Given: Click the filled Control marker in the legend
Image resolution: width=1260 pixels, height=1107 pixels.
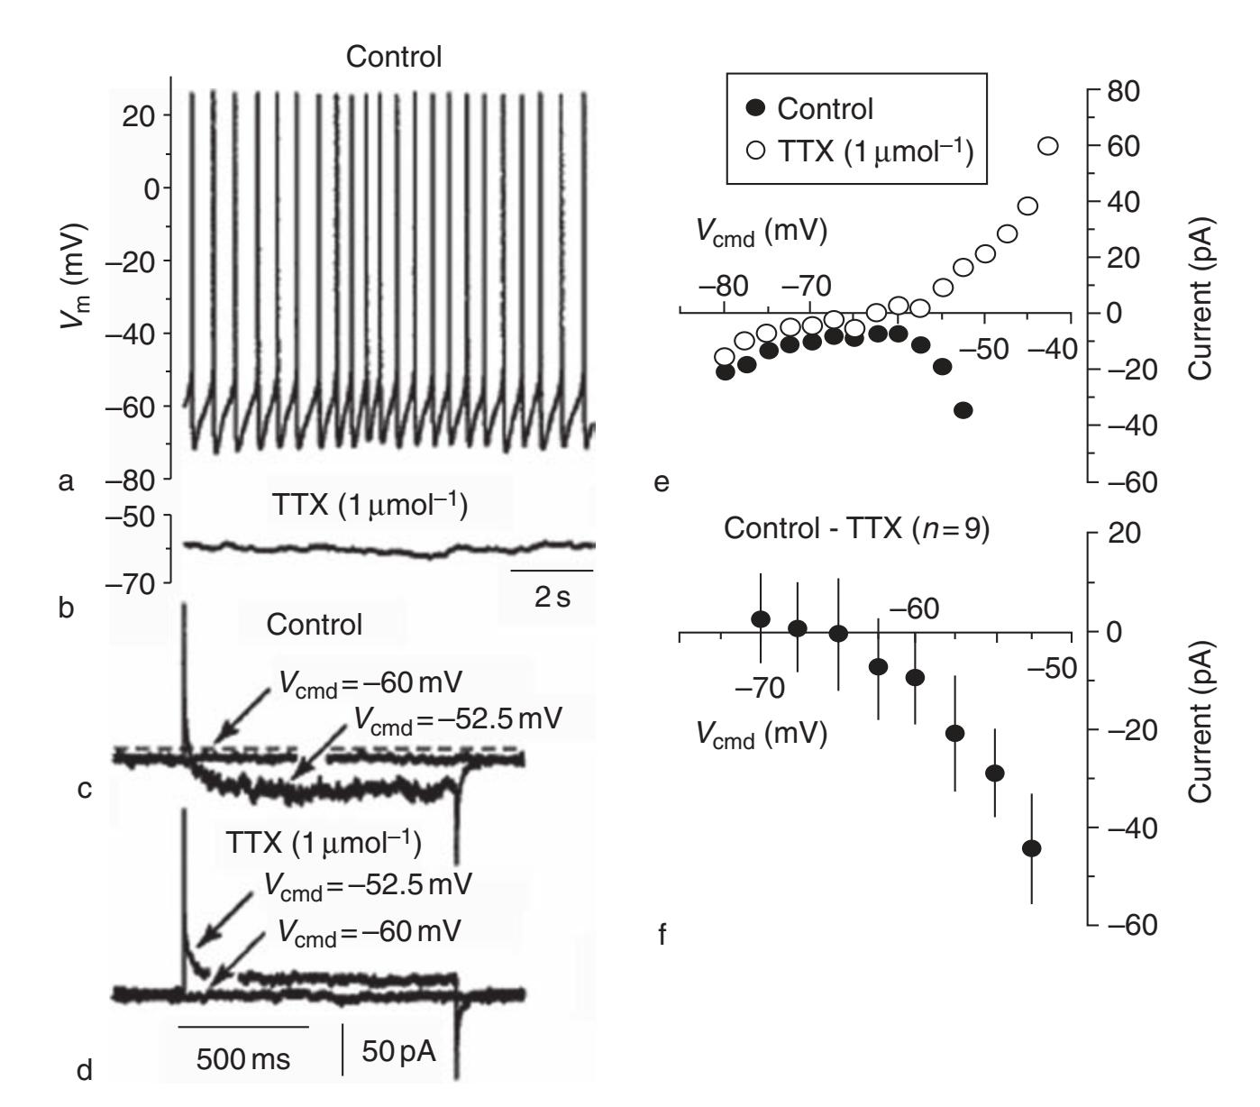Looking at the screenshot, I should (x=756, y=109).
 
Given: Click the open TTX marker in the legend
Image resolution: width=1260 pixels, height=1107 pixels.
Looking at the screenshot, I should (x=756, y=151).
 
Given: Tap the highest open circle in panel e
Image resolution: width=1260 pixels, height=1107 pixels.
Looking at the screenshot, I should (x=1048, y=146).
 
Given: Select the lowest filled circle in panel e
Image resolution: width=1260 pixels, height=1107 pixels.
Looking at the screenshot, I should (x=963, y=410).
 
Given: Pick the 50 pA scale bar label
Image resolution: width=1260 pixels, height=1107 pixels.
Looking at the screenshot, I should (x=399, y=1050).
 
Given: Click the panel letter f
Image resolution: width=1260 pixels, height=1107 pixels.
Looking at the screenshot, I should (x=662, y=936).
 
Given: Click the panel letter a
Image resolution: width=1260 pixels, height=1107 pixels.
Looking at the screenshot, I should (x=65, y=482).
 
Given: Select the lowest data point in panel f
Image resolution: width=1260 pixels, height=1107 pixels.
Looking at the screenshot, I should (x=1032, y=847).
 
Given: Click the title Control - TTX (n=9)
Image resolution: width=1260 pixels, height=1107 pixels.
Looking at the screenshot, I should (x=856, y=530).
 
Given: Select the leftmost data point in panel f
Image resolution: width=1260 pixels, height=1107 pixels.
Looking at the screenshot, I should (x=761, y=618).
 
